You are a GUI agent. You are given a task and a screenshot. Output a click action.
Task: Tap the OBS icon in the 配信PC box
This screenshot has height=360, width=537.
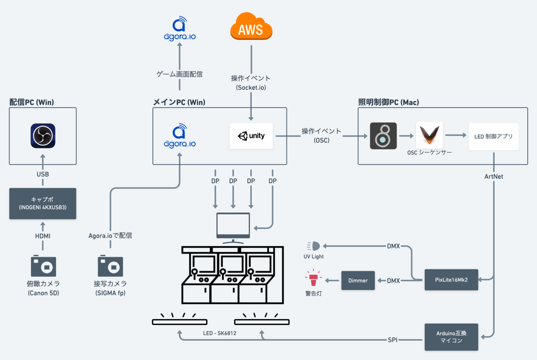43,136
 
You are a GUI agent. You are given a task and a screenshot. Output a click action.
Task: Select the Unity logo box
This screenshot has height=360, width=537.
251,136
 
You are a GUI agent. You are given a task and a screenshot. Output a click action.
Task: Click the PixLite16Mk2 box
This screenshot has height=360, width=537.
451,280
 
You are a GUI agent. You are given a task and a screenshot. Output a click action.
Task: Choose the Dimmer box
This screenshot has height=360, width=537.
358,280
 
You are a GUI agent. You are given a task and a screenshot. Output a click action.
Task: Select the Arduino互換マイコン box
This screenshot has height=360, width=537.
451,337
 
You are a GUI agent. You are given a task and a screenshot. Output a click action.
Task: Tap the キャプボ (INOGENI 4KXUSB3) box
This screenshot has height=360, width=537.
43,204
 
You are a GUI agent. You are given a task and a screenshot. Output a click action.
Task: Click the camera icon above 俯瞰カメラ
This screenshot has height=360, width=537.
43,266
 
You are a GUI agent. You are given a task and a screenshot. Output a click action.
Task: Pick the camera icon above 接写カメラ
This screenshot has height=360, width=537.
111,266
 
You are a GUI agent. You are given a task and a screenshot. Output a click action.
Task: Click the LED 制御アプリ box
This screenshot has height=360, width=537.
494,136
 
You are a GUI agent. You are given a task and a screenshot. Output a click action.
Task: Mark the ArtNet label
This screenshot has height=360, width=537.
494,176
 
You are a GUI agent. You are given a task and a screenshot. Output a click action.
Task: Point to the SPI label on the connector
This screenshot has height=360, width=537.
392,340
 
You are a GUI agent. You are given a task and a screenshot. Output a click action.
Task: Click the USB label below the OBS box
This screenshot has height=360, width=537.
43,174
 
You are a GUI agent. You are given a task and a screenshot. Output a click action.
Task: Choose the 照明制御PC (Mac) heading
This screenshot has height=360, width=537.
389,102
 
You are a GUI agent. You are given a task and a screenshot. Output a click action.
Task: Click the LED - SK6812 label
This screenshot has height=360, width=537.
221,334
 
